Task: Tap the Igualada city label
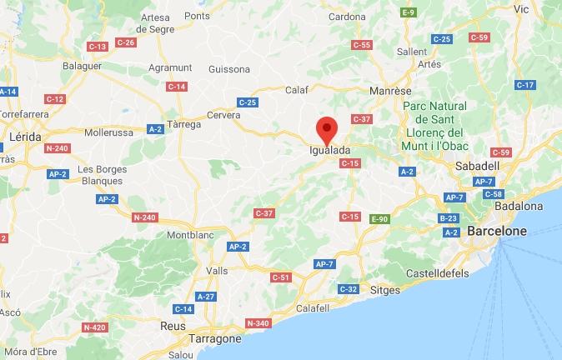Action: tap(329, 150)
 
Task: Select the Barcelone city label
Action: tap(497, 231)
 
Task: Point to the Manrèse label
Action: tap(391, 90)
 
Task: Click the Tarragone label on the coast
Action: tap(213, 339)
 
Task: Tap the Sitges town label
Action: tap(384, 291)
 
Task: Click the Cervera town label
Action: tap(223, 115)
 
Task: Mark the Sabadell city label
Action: tap(476, 166)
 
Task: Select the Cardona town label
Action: tap(347, 16)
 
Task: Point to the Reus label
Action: tap(173, 326)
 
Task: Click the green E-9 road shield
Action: tap(409, 12)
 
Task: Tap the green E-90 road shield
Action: tap(379, 218)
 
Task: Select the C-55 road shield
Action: tap(362, 44)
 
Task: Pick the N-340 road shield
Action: tap(258, 322)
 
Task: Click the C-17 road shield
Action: tap(524, 85)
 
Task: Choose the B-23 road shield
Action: tap(449, 218)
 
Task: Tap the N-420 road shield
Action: tap(95, 327)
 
